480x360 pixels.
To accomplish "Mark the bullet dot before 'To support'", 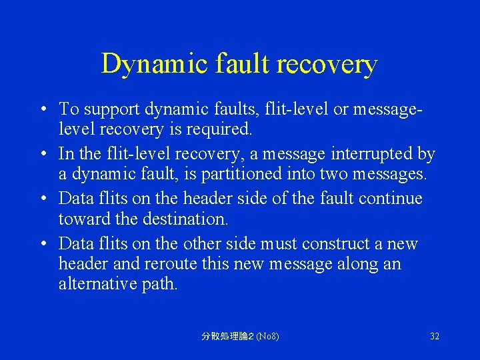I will pyautogui.click(x=43, y=109).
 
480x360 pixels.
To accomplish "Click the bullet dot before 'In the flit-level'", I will pyautogui.click(x=43, y=155).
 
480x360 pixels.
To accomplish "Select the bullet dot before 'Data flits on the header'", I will pyautogui.click(x=43, y=199).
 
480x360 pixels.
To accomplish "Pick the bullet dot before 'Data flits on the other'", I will pyautogui.click(x=43, y=245).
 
